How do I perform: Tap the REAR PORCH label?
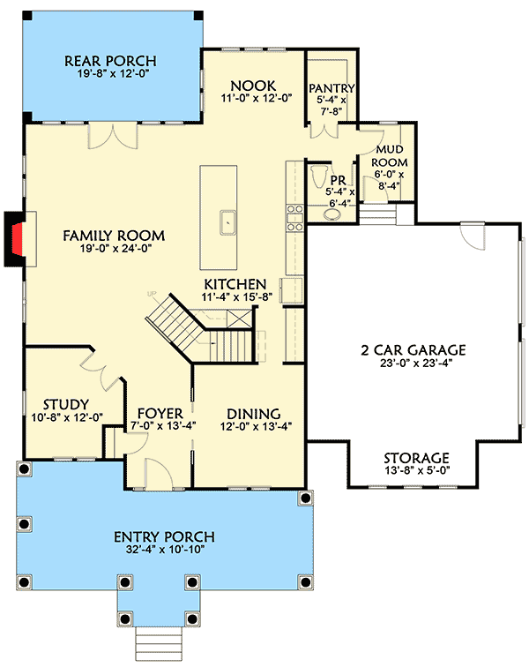coord(111,61)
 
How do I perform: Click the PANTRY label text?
coord(332,88)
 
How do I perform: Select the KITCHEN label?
coord(235,284)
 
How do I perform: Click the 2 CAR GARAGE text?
coord(413,349)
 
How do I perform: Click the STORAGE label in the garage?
coord(416,458)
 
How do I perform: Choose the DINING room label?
coord(253,414)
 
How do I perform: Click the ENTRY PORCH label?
coord(165,536)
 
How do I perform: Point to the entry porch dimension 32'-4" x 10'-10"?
coord(165,551)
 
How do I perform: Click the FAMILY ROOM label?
coord(114,236)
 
